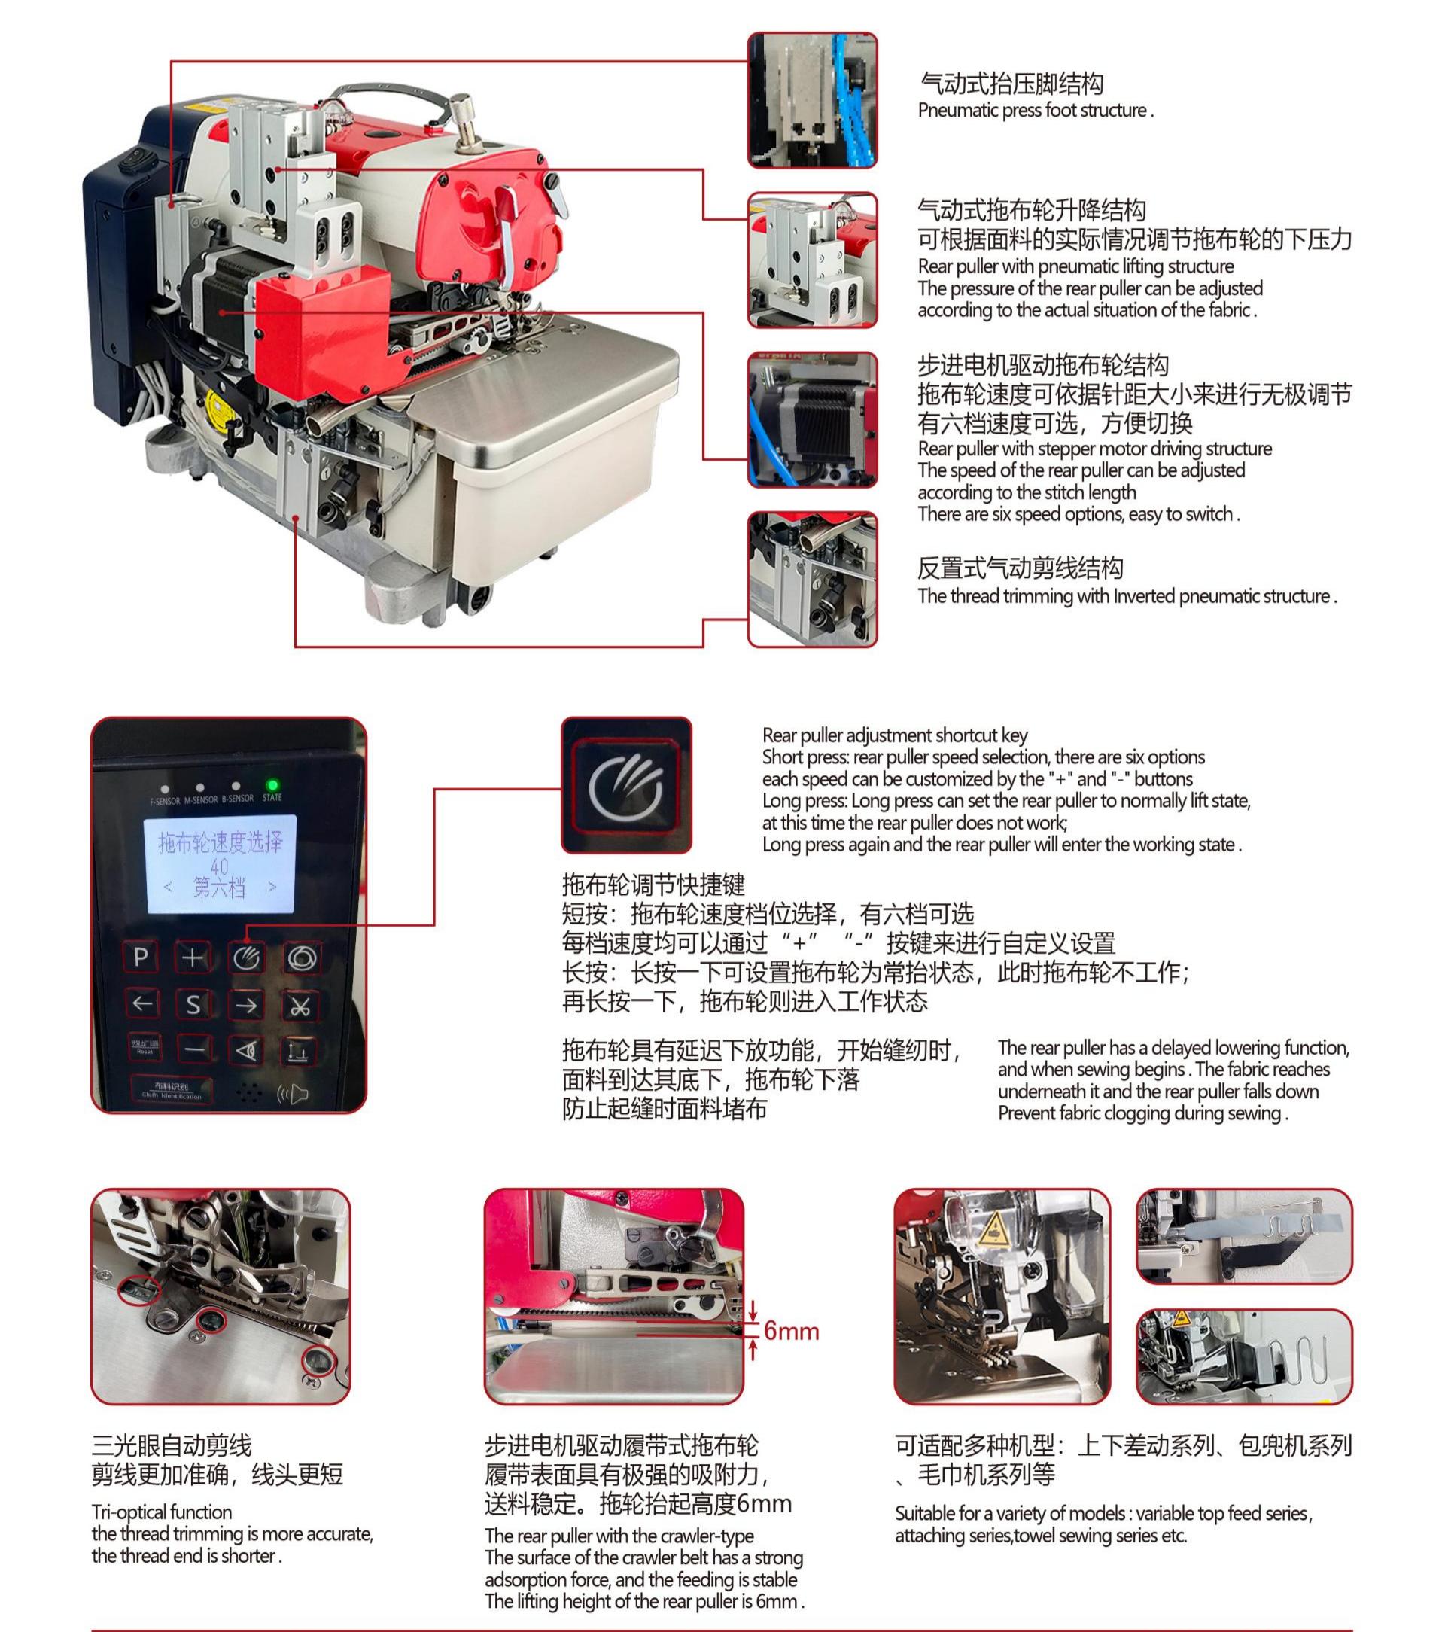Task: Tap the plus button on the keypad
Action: [x=193, y=958]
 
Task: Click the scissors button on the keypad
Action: [x=300, y=1006]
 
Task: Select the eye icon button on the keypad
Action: [x=247, y=1051]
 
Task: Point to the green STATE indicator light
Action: [x=272, y=786]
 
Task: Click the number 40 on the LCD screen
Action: [x=219, y=866]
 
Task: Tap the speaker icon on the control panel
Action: [x=292, y=1093]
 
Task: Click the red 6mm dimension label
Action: [x=791, y=1331]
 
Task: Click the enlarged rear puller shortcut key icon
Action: [x=626, y=786]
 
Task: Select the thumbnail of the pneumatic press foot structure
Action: [x=812, y=101]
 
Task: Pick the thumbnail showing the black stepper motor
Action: [x=812, y=420]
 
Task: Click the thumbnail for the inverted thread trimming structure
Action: [x=812, y=580]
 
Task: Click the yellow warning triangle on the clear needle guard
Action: [x=993, y=1226]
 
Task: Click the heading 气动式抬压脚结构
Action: [x=1011, y=83]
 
